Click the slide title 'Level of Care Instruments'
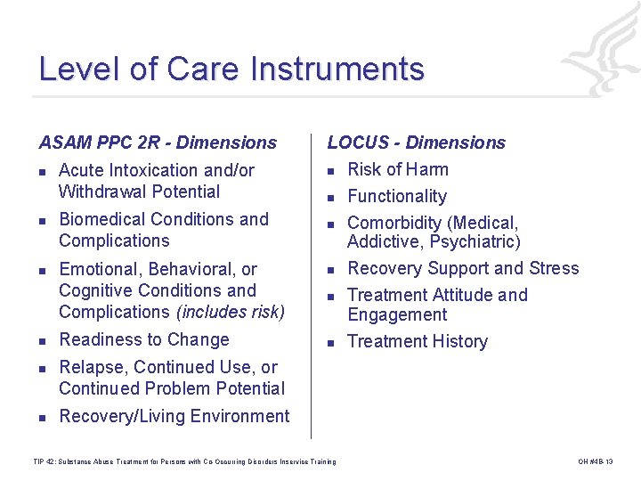pos(231,69)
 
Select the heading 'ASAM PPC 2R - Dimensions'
pos(158,143)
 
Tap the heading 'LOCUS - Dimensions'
pos(416,143)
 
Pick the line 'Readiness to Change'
pos(143,339)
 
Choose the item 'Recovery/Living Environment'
pos(174,416)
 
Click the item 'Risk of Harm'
pos(397,169)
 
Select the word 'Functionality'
pos(396,196)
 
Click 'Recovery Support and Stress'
pos(462,268)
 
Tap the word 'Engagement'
pos(397,314)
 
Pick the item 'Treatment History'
pos(417,341)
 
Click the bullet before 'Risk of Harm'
pos(329,171)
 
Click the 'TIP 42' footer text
pos(183,461)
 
